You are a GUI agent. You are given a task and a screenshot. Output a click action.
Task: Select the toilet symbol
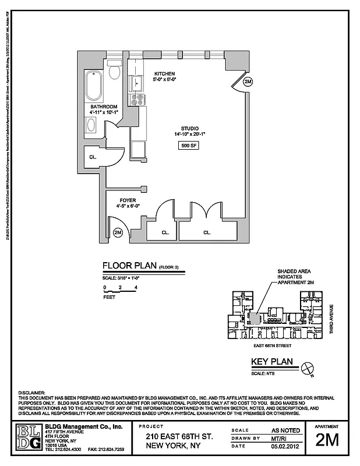click(115, 71)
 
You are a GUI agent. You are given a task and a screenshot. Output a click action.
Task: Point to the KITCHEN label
click(164, 73)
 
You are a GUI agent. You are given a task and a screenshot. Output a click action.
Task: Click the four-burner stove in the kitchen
click(138, 100)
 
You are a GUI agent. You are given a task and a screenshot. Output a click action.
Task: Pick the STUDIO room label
click(190, 128)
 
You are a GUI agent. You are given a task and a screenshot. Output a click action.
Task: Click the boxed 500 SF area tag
click(189, 146)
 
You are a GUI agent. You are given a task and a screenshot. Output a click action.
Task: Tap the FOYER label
click(129, 199)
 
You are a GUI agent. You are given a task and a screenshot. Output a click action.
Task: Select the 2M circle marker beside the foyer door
click(118, 233)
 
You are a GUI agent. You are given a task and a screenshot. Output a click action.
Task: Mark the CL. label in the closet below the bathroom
click(93, 157)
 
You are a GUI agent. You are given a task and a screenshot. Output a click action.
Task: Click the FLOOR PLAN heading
click(129, 266)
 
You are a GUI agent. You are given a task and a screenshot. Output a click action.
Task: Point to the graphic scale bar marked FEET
click(119, 292)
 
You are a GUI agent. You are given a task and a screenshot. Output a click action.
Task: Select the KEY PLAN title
click(271, 362)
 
